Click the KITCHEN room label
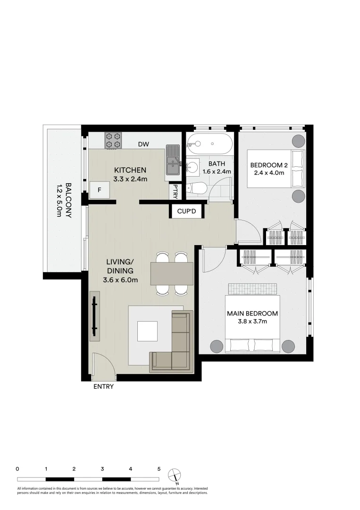tap(130, 170)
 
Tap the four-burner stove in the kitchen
tap(114, 140)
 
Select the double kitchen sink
tap(173, 162)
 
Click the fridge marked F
tap(100, 190)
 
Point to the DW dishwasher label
tap(143, 144)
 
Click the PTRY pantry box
tap(176, 191)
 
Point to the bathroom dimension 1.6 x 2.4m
tap(217, 172)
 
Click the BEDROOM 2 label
tap(268, 165)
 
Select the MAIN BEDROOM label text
tap(252, 313)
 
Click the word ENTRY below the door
tap(103, 386)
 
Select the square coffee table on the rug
tap(147, 331)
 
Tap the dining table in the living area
tap(172, 274)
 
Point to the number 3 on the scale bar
tap(102, 469)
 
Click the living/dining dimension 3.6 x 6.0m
tap(120, 280)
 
